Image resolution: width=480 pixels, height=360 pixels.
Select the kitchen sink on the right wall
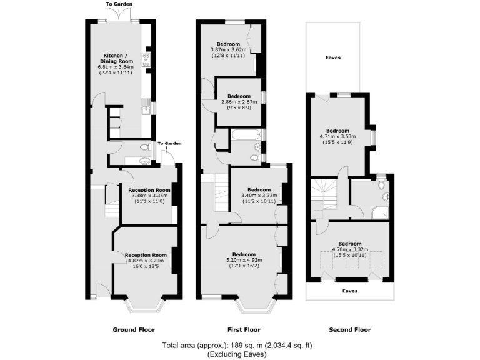tap(146, 108)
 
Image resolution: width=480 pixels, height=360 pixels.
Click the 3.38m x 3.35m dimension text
tap(149, 196)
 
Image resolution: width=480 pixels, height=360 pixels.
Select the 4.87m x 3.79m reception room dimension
tap(146, 261)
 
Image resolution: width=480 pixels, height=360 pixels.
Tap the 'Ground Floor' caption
tap(133, 329)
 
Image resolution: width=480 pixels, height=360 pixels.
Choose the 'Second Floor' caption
tap(349, 329)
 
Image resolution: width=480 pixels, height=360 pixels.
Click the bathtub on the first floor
tap(247, 134)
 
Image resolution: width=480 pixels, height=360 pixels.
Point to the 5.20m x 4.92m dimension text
tap(244, 261)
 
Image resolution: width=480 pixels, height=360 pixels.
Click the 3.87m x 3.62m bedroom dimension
tap(229, 49)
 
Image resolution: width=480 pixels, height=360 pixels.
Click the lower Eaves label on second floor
tap(349, 291)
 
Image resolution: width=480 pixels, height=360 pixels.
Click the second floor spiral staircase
tap(324, 191)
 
